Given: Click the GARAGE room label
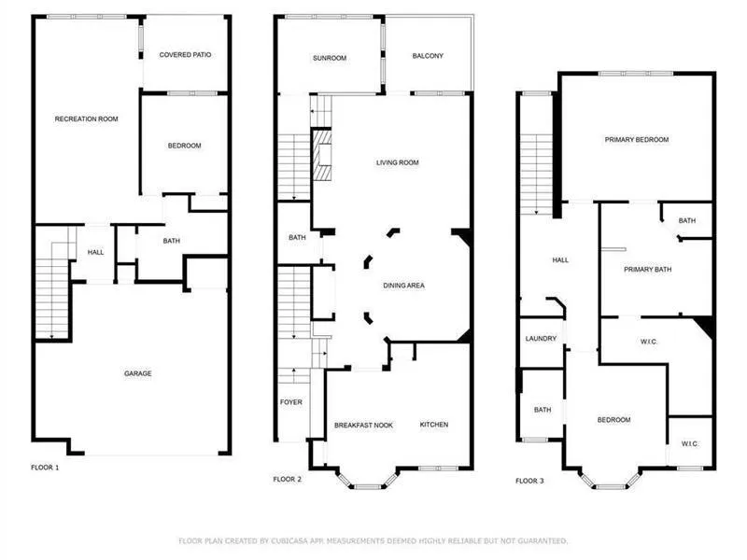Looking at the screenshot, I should pyautogui.click(x=138, y=373).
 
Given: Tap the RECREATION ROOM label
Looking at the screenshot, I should pyautogui.click(x=86, y=119).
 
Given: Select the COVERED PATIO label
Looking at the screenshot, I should pyautogui.click(x=185, y=55).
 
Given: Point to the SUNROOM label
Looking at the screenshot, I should pyautogui.click(x=329, y=58).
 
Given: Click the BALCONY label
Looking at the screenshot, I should pyautogui.click(x=428, y=56).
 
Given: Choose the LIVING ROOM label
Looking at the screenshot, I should pyautogui.click(x=397, y=162).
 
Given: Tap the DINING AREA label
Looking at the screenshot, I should pyautogui.click(x=403, y=286).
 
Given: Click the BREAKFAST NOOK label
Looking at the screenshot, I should pyautogui.click(x=363, y=425).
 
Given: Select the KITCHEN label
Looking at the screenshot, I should pyautogui.click(x=433, y=425).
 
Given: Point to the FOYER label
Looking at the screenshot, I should pyautogui.click(x=291, y=402).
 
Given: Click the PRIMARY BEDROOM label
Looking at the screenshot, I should pyautogui.click(x=636, y=139).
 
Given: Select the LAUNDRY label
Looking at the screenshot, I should pyautogui.click(x=541, y=339).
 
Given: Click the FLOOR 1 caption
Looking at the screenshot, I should pyautogui.click(x=44, y=467).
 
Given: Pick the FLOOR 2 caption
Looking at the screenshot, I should pyautogui.click(x=287, y=479).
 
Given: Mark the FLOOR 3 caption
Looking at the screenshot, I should pyautogui.click(x=529, y=481).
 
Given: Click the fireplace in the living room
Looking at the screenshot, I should pyautogui.click(x=322, y=156).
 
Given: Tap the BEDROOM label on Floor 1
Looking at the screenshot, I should pyautogui.click(x=184, y=146).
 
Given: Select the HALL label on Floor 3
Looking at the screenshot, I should pyautogui.click(x=560, y=260).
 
